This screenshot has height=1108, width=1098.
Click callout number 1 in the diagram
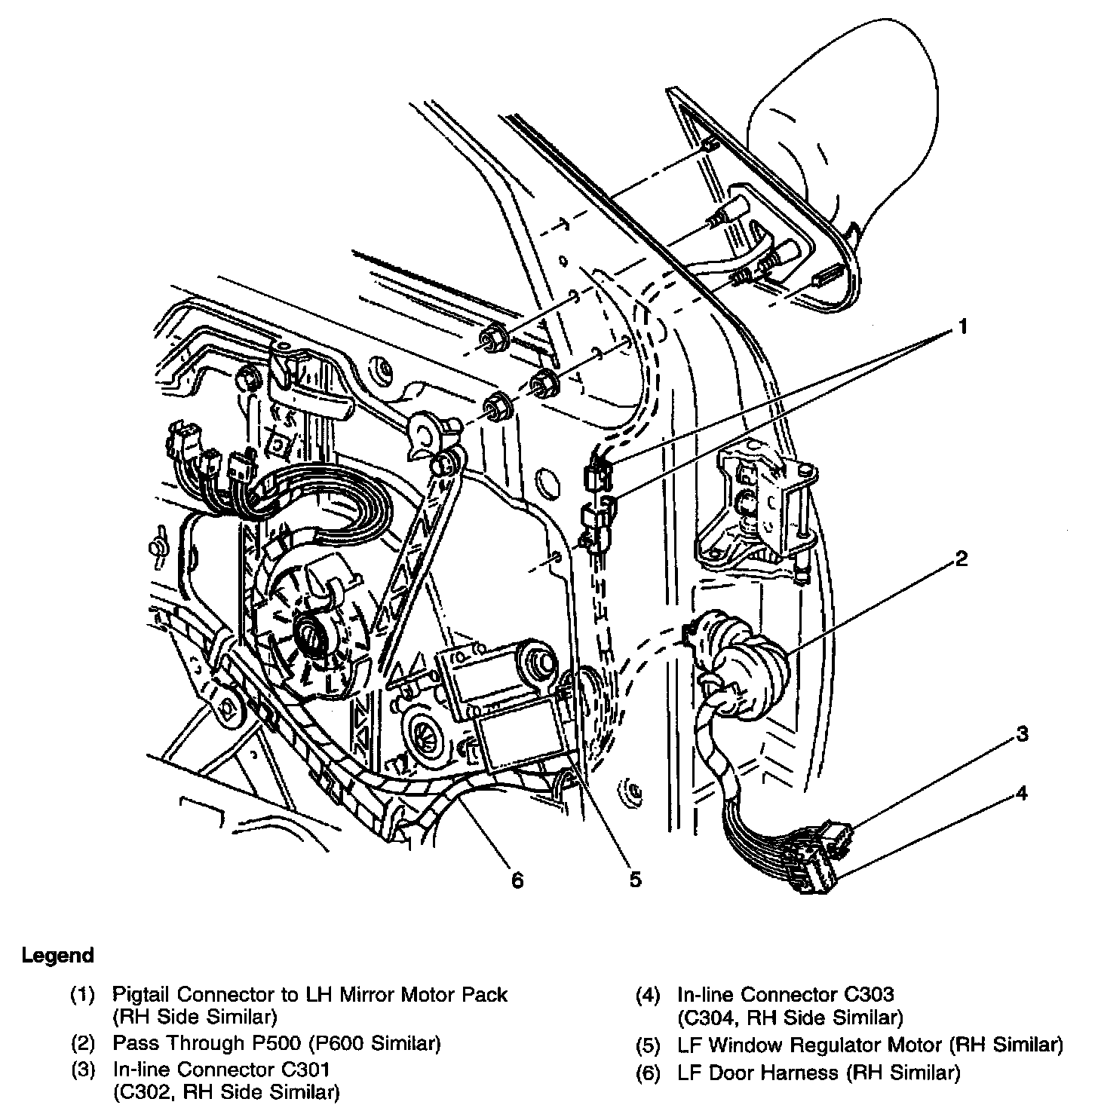pos(962,326)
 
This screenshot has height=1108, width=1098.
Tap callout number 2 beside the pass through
pos(960,559)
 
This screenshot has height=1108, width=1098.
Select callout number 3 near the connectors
pos(1021,734)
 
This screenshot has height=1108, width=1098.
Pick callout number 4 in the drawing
pos(1021,794)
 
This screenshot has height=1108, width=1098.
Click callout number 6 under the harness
pos(517,880)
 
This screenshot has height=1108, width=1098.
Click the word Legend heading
pos(58,956)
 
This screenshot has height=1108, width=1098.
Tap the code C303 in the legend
pos(869,995)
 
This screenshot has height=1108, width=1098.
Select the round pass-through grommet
pos(743,656)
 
